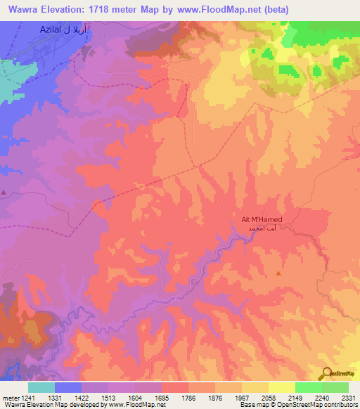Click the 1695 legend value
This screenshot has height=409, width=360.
coord(162,398)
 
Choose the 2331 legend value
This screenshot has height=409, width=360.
coord(348,398)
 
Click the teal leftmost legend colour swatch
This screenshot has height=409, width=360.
coord(41,387)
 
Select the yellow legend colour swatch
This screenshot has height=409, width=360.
coord(282,387)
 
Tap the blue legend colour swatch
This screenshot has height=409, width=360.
coord(68,387)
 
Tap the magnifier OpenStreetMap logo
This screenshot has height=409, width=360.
coord(326,373)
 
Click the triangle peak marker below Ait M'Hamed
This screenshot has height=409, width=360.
coord(278,273)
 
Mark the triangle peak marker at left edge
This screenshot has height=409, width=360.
coord(4,192)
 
